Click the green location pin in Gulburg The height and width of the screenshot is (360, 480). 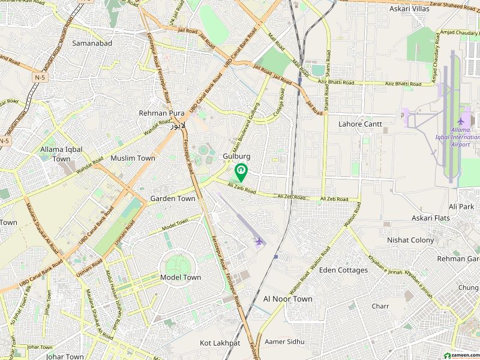241,172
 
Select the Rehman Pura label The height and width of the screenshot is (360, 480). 161,113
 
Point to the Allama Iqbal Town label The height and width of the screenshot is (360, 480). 55,154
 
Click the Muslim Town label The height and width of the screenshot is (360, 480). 133,158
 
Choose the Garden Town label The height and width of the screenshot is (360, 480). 173,199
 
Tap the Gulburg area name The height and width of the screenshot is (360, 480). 236,156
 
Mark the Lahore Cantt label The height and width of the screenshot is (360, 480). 360,124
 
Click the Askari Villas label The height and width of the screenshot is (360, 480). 409,10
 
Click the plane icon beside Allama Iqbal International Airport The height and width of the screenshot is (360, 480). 461,122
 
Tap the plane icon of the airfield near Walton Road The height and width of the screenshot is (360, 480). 259,241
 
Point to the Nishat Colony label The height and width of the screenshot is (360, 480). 410,240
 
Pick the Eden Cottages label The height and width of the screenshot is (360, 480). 343,271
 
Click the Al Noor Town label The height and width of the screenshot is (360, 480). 287,299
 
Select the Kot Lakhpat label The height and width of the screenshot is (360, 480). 220,343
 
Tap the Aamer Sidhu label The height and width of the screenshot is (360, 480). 284,341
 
